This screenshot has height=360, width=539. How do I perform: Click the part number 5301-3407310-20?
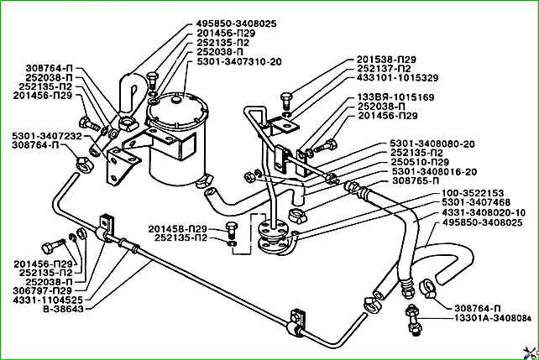tap(239, 62)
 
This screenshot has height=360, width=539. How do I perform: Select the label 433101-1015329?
tap(398, 78)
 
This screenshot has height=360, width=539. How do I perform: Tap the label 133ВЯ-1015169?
tap(396, 97)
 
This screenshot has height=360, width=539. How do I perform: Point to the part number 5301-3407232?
tap(47, 136)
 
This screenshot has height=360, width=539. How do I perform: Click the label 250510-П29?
tap(420, 162)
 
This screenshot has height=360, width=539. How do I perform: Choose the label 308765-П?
tap(416, 180)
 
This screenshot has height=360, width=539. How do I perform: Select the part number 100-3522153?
tap(473, 193)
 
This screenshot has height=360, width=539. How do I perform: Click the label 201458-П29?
tap(178, 229)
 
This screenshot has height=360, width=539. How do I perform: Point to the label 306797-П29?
tap(43, 290)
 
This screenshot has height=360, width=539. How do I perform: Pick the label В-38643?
tap(63, 309)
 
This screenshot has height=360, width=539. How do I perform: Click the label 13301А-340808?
tap(492, 318)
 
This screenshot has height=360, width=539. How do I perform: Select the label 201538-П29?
tap(386, 60)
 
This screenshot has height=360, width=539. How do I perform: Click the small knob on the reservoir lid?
tap(175, 100)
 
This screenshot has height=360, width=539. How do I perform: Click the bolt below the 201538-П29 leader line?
tap(286, 100)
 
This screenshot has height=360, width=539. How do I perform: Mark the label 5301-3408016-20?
tap(435, 171)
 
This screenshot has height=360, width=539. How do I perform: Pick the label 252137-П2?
tap(384, 69)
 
